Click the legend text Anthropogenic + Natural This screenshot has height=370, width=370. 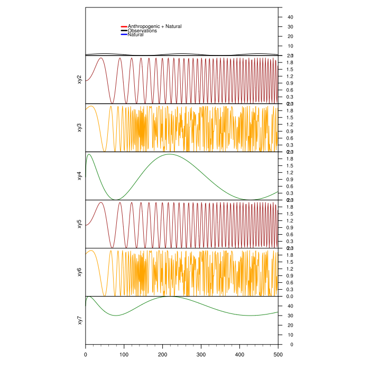tap(154, 26)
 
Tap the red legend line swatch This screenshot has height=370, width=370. tap(124, 26)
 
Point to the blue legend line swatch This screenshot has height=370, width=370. tap(124, 35)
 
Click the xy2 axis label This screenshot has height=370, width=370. tap(79, 79)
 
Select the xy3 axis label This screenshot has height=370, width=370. tap(79, 127)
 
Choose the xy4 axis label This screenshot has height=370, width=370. tap(79, 175)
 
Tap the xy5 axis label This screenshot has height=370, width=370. tap(79, 224)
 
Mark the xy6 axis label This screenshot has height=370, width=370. tap(79, 272)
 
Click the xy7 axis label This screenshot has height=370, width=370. tap(79, 320)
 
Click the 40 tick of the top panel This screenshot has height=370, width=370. tap(290, 17)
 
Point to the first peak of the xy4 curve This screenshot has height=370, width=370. tap(89, 154)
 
